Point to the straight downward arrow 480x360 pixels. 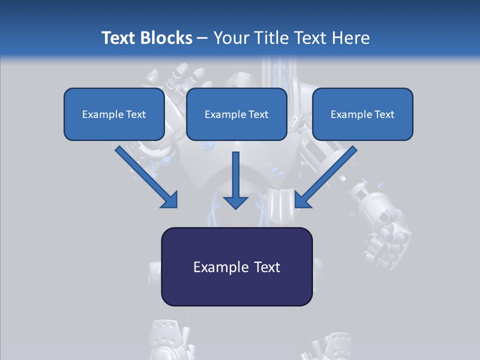[235, 180]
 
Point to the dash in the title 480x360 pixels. [202, 38]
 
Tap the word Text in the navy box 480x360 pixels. [266, 267]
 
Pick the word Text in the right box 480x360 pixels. [384, 114]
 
